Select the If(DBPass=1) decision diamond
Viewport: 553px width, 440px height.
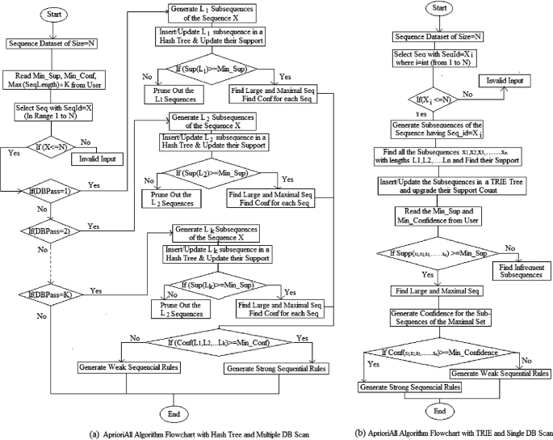point(51,192)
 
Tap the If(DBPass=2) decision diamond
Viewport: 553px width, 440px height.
point(51,229)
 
